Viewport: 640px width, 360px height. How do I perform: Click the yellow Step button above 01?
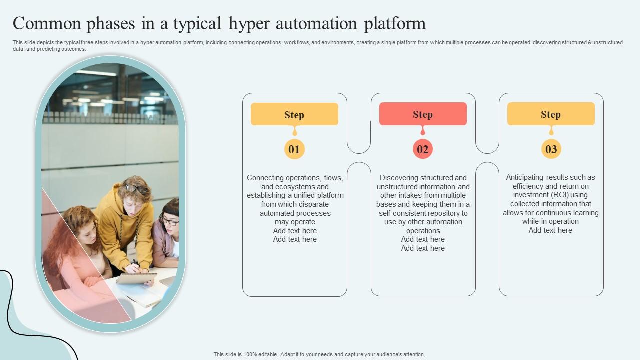click(x=294, y=114)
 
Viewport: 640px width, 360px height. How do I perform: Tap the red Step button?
click(x=423, y=114)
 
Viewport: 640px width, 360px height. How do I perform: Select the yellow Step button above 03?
click(x=551, y=114)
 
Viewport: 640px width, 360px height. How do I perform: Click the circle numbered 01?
click(x=294, y=149)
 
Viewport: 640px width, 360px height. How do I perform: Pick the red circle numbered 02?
click(x=423, y=149)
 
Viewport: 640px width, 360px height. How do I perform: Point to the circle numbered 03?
click(x=551, y=149)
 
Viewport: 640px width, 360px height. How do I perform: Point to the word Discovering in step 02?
click(x=399, y=178)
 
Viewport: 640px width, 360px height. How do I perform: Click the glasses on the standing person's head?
click(x=137, y=188)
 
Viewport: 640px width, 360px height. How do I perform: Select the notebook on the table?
click(x=136, y=278)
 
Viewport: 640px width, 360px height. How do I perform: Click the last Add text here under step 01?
click(x=295, y=239)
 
